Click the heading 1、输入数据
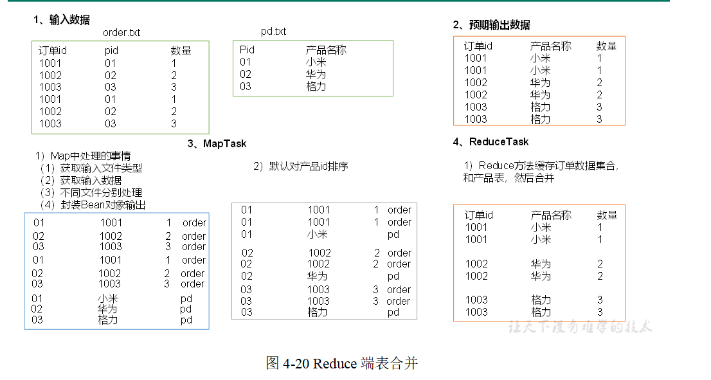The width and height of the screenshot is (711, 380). [x=62, y=20]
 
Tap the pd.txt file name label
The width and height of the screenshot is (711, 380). [x=274, y=32]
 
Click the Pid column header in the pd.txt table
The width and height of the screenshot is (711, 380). [x=248, y=50]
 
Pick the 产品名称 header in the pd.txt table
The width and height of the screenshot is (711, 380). [x=327, y=50]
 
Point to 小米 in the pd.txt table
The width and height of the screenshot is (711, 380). [x=316, y=62]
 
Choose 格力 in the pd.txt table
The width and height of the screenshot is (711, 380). [x=316, y=86]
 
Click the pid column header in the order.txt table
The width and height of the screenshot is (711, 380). [x=111, y=50]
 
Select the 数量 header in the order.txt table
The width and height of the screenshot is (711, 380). [x=181, y=50]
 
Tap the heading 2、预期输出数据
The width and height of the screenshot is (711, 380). [x=492, y=25]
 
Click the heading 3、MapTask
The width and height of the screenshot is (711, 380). [x=217, y=143]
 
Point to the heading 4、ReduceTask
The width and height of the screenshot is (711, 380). [x=491, y=141]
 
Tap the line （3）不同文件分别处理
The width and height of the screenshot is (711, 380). [x=91, y=193]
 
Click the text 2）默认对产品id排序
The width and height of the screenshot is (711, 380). [x=300, y=167]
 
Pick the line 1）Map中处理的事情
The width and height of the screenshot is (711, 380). [x=82, y=156]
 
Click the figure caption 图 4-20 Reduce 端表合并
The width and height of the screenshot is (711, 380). [x=342, y=363]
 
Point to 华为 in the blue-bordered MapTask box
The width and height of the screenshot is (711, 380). [x=108, y=309]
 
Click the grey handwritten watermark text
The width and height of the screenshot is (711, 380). [x=580, y=326]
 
